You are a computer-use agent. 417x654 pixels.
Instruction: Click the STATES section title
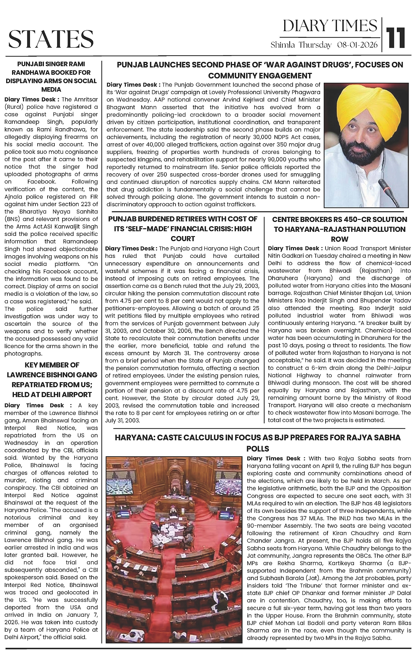click(51, 39)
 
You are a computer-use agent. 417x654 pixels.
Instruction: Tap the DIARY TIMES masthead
click(330, 26)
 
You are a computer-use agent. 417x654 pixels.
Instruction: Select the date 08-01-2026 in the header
click(357, 45)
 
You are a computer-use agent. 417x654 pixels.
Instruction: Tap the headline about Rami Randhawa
click(51, 77)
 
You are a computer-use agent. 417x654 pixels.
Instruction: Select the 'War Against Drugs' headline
click(260, 70)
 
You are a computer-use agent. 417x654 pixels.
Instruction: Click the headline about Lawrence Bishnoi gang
click(51, 380)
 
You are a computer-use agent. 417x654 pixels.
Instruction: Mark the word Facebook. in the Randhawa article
click(40, 182)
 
